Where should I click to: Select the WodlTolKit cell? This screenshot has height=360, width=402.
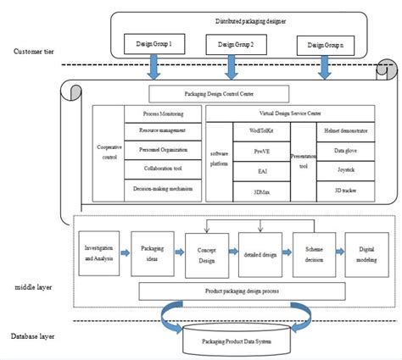259,131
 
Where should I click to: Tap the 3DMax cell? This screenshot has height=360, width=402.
259,191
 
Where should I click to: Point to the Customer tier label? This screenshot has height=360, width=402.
34,53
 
